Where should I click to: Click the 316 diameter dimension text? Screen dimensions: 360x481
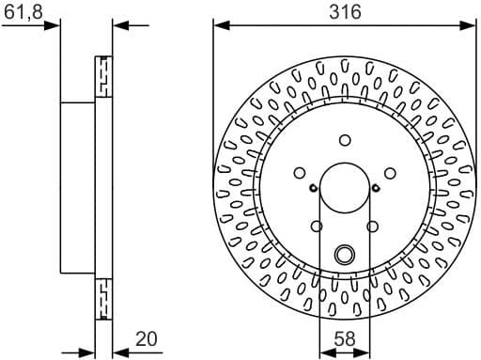[x=345, y=12]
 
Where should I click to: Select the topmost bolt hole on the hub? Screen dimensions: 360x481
[x=345, y=140]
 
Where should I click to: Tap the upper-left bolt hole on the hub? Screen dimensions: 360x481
[x=299, y=173]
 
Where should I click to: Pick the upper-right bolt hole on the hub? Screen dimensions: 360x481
[x=391, y=173]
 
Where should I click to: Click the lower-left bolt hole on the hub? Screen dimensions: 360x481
[x=317, y=227]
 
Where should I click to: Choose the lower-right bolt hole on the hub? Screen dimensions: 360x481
[x=373, y=227]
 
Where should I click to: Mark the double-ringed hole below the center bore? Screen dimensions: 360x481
[x=345, y=253]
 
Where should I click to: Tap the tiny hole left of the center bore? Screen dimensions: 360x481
[x=312, y=188]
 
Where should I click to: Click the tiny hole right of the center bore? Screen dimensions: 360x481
[x=377, y=188]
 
